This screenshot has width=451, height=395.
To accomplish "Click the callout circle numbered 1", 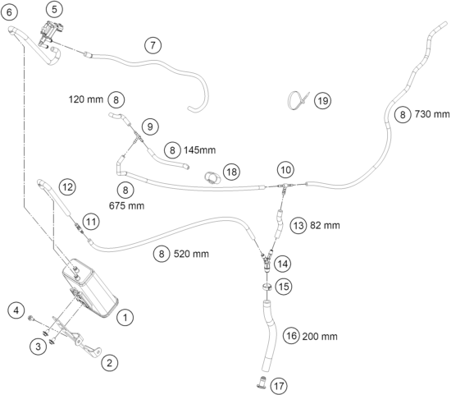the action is (125, 318).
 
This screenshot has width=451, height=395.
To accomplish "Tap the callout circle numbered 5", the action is (55, 10).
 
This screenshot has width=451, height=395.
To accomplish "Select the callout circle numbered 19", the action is (323, 101).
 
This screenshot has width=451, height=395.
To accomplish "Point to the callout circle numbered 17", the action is (279, 386).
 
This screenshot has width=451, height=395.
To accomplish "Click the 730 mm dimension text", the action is (431, 114).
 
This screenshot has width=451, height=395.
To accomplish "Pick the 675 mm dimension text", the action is (126, 205).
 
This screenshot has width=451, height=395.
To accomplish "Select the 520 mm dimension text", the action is (191, 254).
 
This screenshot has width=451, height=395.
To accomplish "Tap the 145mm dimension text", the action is (199, 150).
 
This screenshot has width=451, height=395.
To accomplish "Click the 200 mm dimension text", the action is (320, 336).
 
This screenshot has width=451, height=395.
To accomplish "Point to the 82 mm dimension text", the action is (325, 225).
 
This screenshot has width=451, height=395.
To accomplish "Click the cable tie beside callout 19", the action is (298, 99).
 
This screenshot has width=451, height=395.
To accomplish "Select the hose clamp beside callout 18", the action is (212, 177).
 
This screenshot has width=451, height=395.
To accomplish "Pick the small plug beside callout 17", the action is (261, 382).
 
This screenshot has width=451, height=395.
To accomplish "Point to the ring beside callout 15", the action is (267, 287).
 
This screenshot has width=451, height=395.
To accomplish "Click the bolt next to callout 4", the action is (31, 319).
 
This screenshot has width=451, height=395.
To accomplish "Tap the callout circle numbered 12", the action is (67, 187).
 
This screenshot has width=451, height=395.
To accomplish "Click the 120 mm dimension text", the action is (86, 99).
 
